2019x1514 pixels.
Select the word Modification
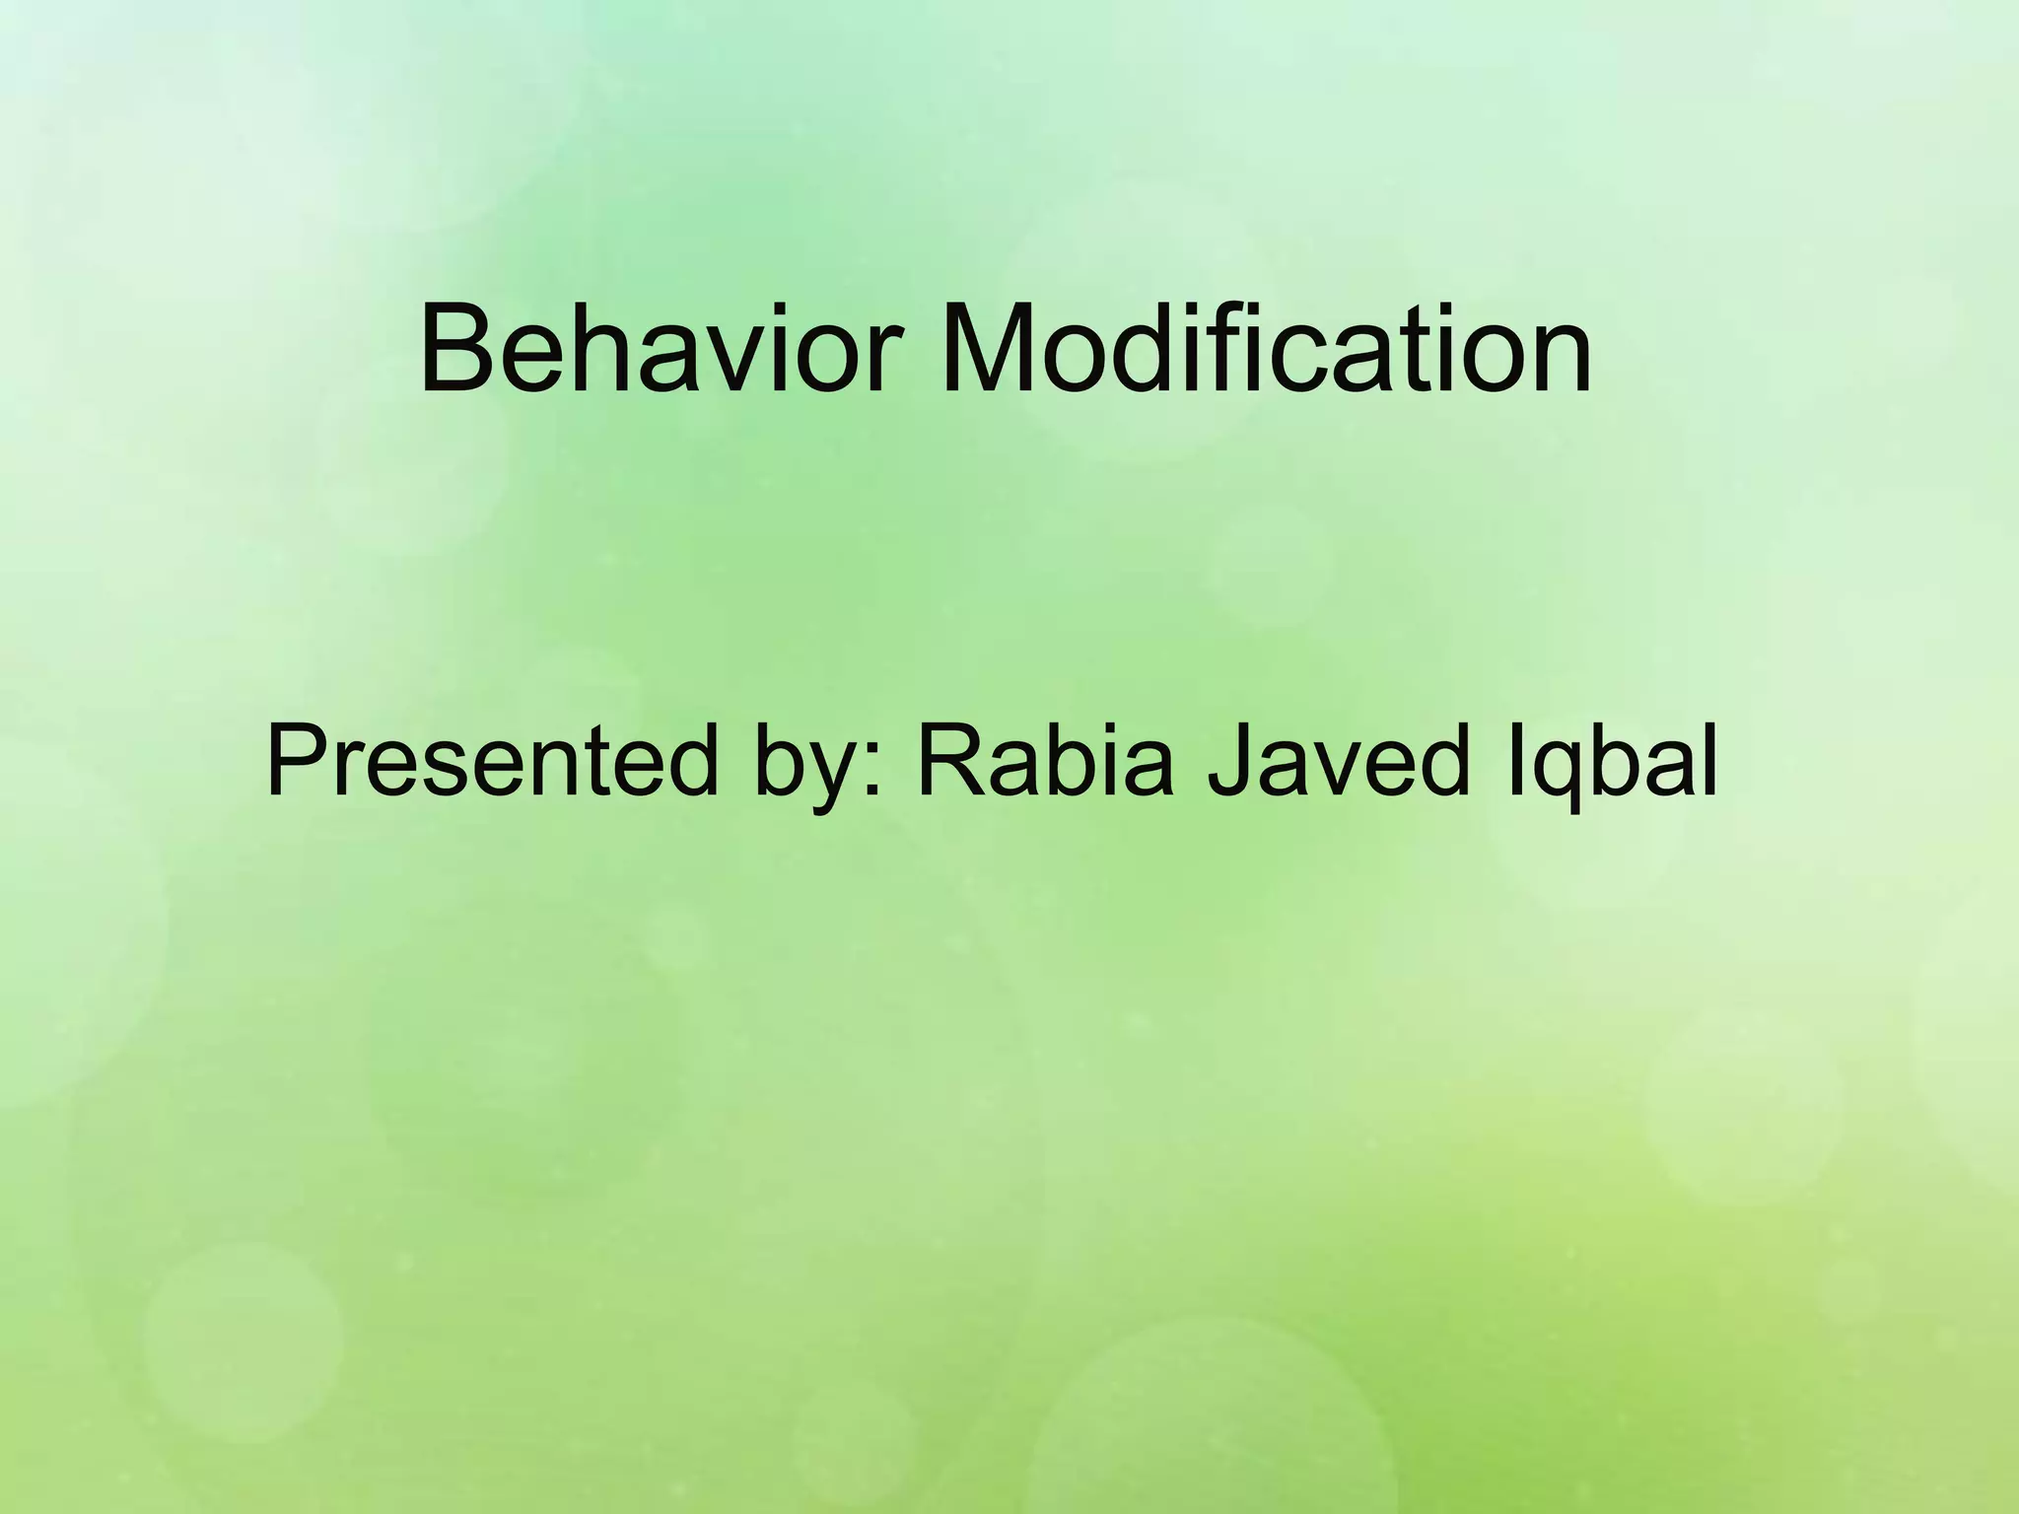pyautogui.click(x=1266, y=350)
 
